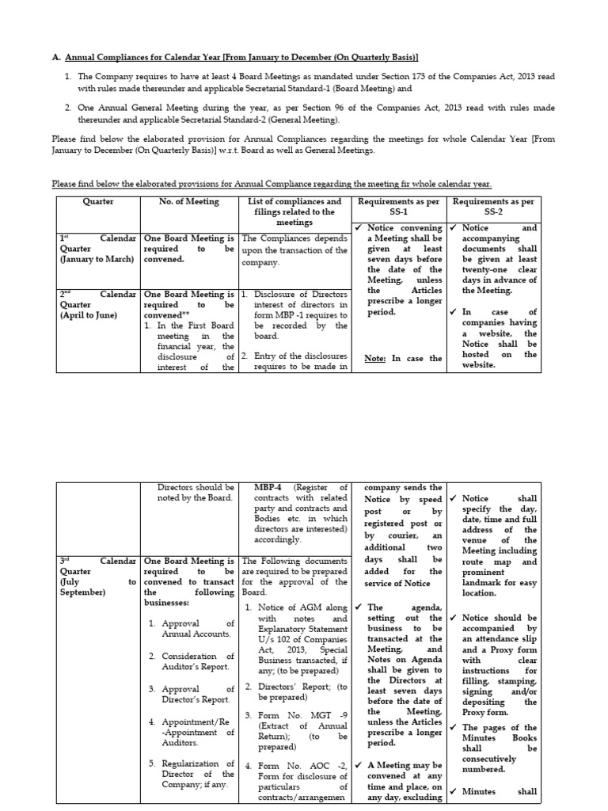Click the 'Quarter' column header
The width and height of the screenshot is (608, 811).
[x=98, y=201]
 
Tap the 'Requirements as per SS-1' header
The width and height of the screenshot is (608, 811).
[x=397, y=207]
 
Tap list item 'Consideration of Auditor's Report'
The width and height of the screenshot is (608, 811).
[x=198, y=661]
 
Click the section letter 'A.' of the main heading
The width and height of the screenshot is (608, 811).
[x=56, y=58]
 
